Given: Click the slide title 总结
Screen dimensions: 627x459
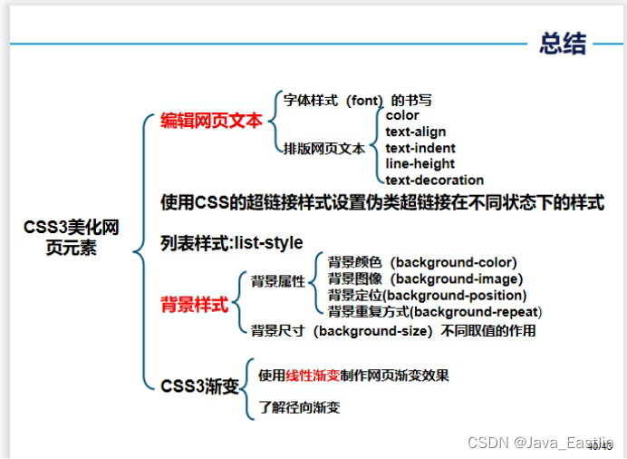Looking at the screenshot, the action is (562, 43).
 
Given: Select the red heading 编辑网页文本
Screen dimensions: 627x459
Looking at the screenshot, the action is (211, 120).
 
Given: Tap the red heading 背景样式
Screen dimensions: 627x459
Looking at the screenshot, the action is (194, 305).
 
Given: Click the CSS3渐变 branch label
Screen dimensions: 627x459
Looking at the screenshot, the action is (199, 386).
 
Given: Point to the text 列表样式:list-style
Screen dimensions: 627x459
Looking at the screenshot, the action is (231, 243).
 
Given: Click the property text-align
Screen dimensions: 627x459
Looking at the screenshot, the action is (415, 132).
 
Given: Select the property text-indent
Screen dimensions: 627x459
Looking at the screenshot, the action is (420, 148).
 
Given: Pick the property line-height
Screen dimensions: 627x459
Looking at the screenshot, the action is (420, 163).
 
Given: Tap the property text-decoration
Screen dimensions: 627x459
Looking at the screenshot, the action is (434, 180).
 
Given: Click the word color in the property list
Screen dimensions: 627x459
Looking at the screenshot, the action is (402, 115).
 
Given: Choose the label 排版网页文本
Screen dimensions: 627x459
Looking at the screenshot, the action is (324, 148).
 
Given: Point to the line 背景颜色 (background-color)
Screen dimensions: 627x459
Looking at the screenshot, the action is (422, 262).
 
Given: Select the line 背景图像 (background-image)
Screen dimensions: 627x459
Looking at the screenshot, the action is (425, 278).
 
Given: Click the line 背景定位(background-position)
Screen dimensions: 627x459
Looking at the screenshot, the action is (427, 295).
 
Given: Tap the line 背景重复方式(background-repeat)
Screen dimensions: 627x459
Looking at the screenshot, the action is (434, 311).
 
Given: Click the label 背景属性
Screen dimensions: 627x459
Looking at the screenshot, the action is (278, 281).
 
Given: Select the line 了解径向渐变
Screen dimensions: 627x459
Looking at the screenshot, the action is (299, 407).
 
